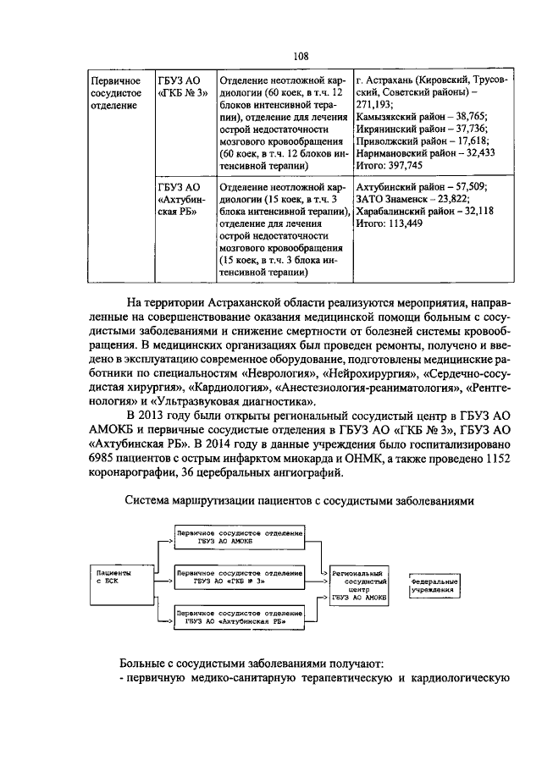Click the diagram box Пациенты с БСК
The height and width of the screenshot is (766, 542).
[111, 577]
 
